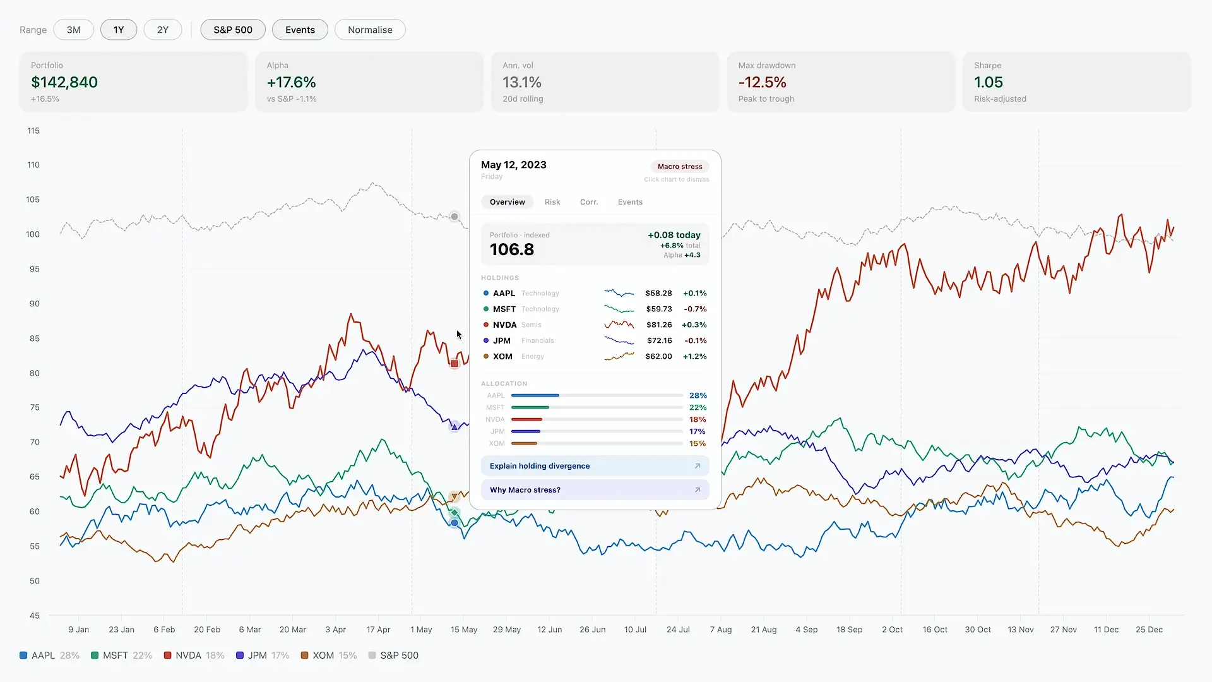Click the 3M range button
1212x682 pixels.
74,30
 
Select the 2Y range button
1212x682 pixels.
163,30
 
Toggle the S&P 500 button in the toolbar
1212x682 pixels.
233,30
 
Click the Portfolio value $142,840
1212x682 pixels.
64,82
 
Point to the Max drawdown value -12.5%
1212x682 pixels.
763,82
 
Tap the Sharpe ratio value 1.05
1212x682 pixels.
989,82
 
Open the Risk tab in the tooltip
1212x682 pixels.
552,202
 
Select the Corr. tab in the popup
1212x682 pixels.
589,202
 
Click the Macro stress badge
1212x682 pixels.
680,167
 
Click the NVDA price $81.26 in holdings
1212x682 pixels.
659,325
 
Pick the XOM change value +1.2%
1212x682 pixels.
695,356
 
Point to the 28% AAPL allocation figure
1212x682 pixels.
698,395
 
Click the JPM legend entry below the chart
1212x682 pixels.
262,655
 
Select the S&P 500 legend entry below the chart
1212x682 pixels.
393,655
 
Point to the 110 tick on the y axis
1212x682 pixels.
33,165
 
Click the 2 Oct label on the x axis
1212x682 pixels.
892,630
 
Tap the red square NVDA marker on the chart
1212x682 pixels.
454,363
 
